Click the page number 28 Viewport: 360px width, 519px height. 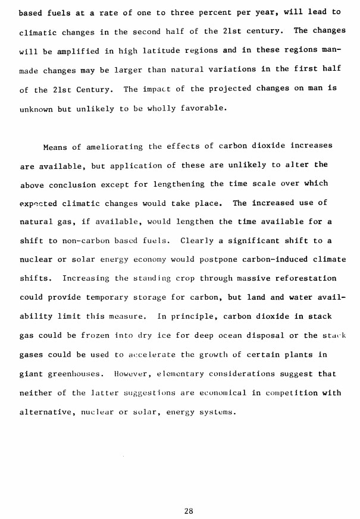(189, 495)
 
